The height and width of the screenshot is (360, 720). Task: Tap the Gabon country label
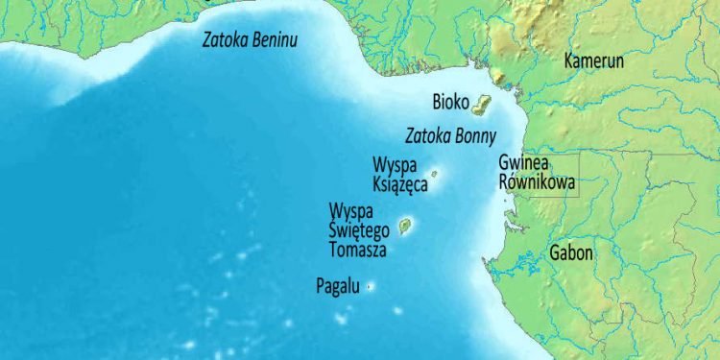(571, 253)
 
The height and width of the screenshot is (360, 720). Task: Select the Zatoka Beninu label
(249, 40)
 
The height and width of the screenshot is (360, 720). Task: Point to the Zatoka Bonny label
(450, 134)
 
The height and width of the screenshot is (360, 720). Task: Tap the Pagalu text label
(338, 285)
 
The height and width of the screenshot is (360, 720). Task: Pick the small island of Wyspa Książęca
(435, 174)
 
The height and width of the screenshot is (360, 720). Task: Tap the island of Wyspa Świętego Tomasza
(406, 227)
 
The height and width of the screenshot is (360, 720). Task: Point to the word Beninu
(272, 40)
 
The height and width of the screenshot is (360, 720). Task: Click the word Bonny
(475, 134)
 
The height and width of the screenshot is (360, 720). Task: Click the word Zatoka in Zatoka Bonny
(427, 134)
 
